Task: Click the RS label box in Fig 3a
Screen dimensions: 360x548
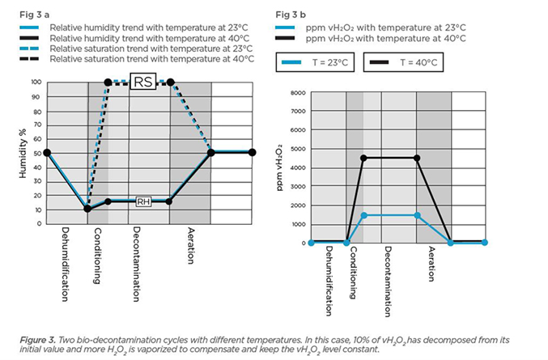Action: tap(143, 82)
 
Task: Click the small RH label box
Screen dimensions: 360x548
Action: tap(144, 201)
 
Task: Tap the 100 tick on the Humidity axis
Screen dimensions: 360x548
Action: tap(35, 83)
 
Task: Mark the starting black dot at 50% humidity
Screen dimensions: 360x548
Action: tap(47, 152)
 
